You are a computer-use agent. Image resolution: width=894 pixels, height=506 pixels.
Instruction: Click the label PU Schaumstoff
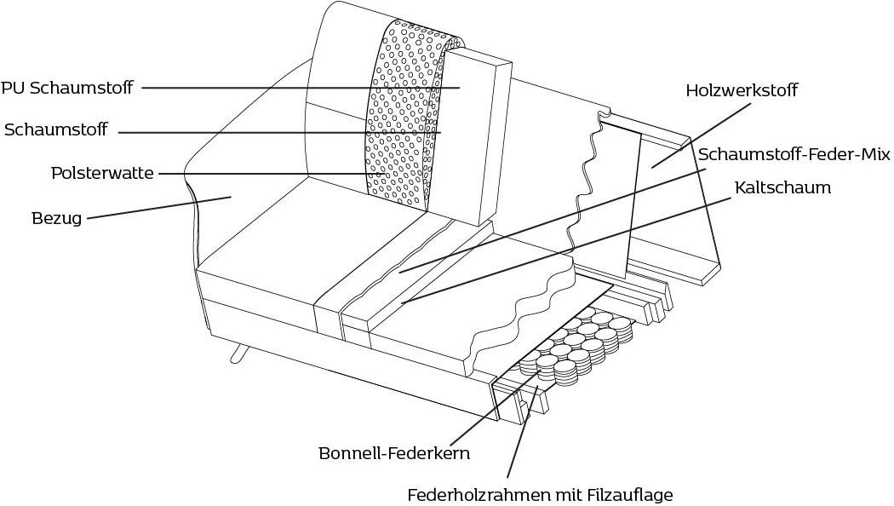click(x=66, y=88)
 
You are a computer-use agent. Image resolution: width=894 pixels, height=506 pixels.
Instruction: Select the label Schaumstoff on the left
click(x=56, y=130)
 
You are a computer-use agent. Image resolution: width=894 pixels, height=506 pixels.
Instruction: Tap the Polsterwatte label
click(x=102, y=173)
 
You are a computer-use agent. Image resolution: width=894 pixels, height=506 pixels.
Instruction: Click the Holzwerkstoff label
click(x=742, y=90)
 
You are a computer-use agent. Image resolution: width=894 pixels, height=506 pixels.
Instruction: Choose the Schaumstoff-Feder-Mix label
click(x=794, y=154)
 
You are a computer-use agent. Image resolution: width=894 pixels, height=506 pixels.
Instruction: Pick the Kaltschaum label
click(x=782, y=187)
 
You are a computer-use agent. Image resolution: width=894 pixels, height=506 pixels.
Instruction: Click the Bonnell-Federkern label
click(x=393, y=453)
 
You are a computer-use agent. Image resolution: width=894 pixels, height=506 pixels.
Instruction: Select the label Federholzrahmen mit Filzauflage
click(x=541, y=494)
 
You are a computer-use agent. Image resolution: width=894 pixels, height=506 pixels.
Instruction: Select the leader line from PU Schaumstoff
click(x=298, y=87)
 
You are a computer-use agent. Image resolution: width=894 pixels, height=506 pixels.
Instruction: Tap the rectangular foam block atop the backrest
click(x=477, y=136)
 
